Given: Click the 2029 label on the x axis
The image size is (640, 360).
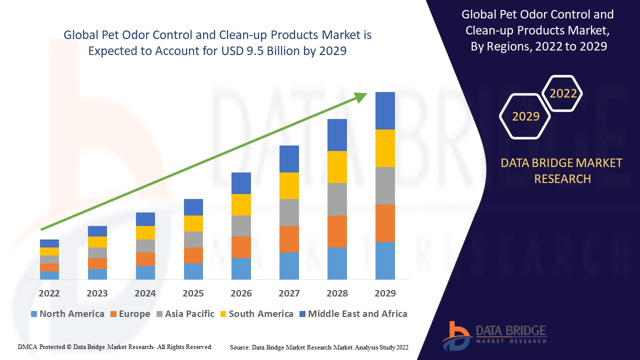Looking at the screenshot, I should (x=385, y=293).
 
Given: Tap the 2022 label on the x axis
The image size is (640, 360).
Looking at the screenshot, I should (x=49, y=293).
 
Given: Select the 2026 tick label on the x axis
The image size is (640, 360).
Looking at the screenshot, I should (x=241, y=293).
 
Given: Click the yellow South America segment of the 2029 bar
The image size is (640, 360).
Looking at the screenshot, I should (x=385, y=148).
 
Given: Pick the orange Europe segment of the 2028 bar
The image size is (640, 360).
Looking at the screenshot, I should (x=337, y=231).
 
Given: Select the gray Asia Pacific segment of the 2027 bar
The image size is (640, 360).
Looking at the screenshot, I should (x=289, y=212).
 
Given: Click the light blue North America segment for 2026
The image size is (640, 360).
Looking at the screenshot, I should (x=241, y=268).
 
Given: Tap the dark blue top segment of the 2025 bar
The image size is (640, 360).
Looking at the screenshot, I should (x=193, y=207).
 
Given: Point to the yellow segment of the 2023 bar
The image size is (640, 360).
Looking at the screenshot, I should (x=97, y=242).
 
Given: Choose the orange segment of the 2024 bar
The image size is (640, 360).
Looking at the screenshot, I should (x=145, y=259).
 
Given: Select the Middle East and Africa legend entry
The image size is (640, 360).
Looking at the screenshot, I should (x=352, y=314).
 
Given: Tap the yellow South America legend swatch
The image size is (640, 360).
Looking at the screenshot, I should (x=223, y=314).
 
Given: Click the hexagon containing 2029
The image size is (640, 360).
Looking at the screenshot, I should (x=525, y=116).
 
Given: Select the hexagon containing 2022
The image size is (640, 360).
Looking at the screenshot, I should (x=563, y=93).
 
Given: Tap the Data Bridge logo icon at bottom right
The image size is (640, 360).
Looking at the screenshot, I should (x=456, y=335).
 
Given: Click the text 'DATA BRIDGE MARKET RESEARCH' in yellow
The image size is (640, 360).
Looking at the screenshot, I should (x=562, y=170).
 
